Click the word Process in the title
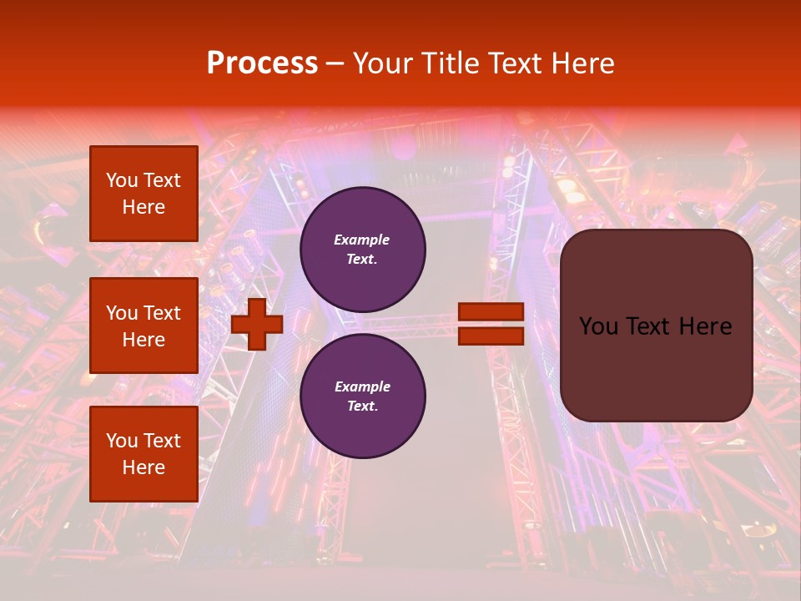(262, 63)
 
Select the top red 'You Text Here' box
(144, 194)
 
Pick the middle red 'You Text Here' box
(144, 326)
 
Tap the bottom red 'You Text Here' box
(144, 454)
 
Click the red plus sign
(257, 324)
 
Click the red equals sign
(491, 324)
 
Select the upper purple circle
(363, 250)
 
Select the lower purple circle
(363, 396)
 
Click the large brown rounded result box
(656, 326)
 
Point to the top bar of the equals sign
(491, 312)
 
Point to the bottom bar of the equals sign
(491, 336)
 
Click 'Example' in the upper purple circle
(362, 240)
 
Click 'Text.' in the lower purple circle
(362, 407)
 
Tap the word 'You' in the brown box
(598, 326)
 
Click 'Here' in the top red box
(144, 207)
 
